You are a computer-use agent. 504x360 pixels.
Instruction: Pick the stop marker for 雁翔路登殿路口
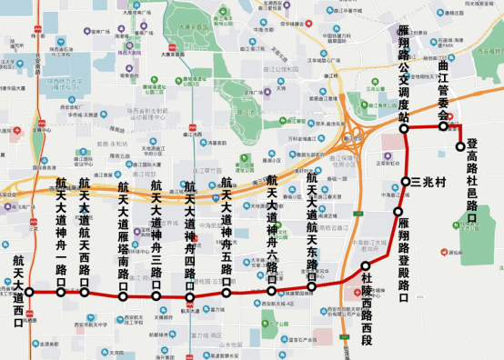[398, 212]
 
